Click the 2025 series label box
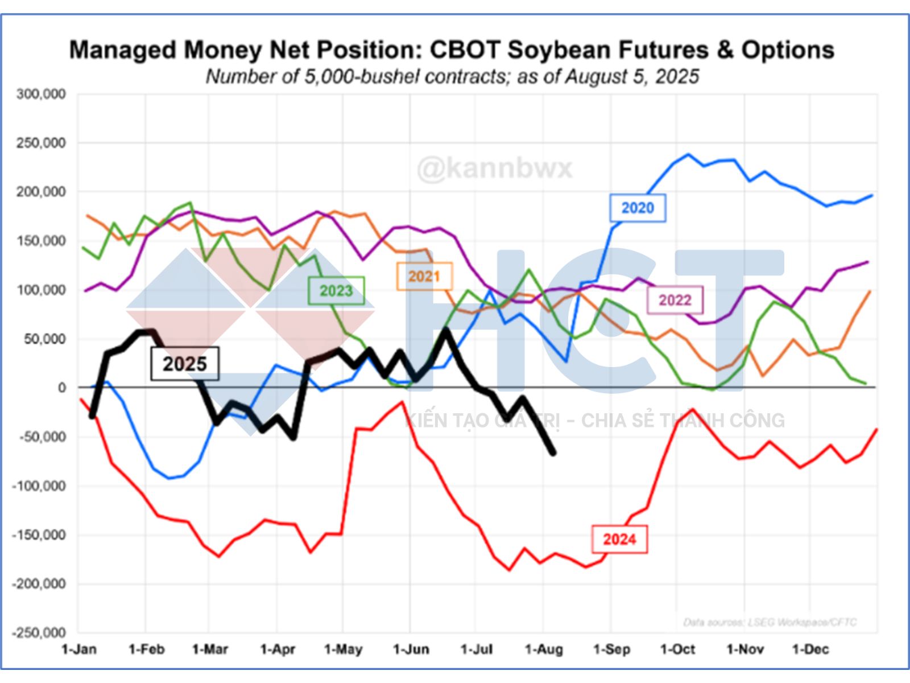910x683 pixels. pos(185,364)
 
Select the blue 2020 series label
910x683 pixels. pos(637,208)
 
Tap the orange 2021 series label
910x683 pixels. pos(424,277)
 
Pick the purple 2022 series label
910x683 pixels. pos(675,300)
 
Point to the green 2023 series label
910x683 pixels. pos(336,291)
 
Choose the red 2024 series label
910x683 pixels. pos(619,539)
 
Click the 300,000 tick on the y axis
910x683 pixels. pos(42,94)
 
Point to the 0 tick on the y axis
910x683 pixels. pos(61,388)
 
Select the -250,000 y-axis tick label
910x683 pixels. pos(39,633)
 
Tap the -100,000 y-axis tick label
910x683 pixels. pos(39,486)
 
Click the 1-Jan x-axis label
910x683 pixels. pos(78,649)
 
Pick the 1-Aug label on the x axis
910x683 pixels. pos(544,649)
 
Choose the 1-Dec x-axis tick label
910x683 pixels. pos(810,649)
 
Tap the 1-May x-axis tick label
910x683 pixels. pos(343,649)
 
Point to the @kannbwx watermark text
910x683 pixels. pos(495,168)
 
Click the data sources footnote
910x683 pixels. pos(770,623)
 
